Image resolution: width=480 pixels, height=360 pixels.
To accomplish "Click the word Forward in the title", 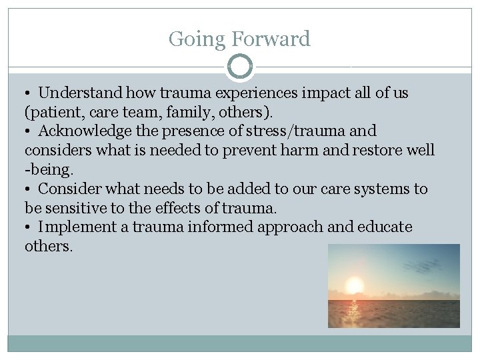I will point(271,39).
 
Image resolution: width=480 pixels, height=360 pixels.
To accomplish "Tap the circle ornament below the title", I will point(240,67).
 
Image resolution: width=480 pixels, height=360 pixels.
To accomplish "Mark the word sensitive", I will point(75,208).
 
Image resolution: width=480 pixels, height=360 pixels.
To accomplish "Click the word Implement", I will point(77,227).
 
